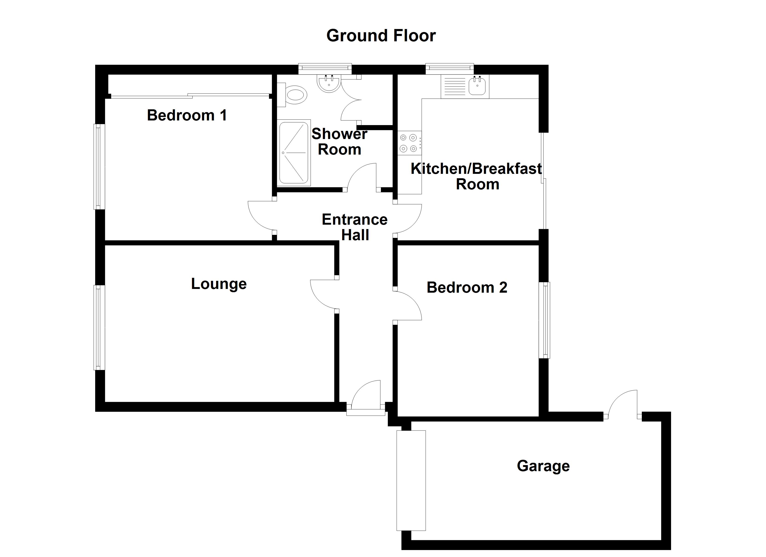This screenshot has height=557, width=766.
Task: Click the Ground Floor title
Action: [381, 36]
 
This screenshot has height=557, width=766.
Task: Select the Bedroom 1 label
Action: [187, 116]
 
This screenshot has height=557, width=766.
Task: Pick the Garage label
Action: [543, 466]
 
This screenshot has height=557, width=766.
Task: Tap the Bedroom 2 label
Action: [467, 288]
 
